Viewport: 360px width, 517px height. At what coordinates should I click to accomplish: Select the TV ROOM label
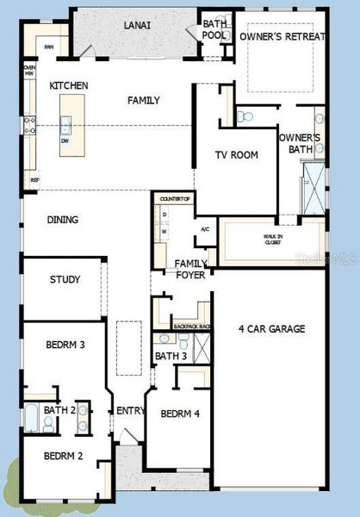point(237,155)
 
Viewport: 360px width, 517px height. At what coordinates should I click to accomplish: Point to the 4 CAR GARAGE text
point(271,328)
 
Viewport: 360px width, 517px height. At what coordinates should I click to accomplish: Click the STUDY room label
point(65,279)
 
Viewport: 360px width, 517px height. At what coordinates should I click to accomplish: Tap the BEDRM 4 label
point(181,414)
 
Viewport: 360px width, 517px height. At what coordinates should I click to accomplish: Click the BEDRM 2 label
point(63,456)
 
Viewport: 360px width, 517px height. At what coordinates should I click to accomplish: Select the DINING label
point(61,220)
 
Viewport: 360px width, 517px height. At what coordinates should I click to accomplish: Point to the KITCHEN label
point(70,85)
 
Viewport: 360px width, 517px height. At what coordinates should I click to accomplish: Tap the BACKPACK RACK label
point(192,327)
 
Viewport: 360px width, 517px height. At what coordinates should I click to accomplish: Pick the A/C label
point(205,229)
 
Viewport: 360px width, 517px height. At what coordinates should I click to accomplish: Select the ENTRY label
point(131,411)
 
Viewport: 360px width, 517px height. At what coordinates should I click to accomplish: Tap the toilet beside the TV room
point(243,116)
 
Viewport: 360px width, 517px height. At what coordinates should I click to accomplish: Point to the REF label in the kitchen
point(35,180)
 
